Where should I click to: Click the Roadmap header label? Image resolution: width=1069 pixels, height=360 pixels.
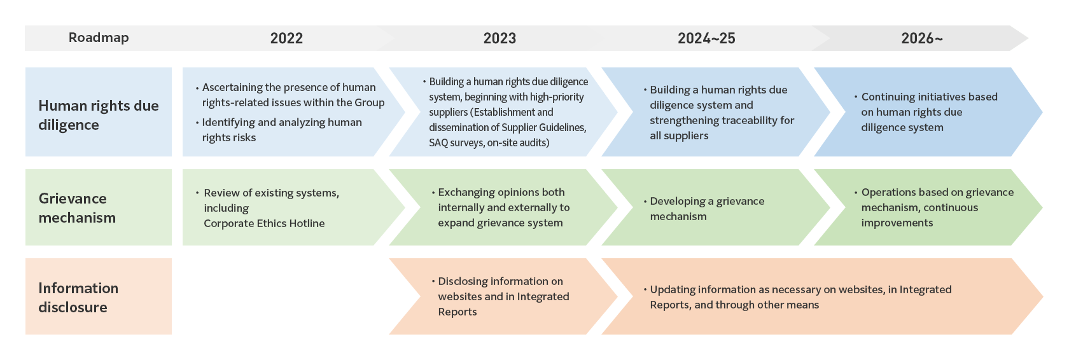pyautogui.click(x=99, y=38)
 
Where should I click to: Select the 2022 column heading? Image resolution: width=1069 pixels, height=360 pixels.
pyautogui.click(x=286, y=38)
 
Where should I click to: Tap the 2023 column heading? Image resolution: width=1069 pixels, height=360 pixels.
pyautogui.click(x=500, y=38)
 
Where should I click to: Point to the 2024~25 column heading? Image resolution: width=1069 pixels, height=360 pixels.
pyautogui.click(x=706, y=38)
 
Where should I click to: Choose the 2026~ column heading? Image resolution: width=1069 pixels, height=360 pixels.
pyautogui.click(x=922, y=38)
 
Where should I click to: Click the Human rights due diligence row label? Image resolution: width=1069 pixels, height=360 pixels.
pyautogui.click(x=99, y=115)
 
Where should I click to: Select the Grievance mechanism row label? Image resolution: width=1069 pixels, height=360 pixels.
pyautogui.click(x=78, y=208)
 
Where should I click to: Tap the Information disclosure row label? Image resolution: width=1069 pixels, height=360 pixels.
pyautogui.click(x=78, y=298)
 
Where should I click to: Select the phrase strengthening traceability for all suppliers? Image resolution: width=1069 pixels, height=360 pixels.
pyautogui.click(x=722, y=128)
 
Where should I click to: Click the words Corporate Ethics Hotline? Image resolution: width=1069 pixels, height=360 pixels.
pyautogui.click(x=264, y=223)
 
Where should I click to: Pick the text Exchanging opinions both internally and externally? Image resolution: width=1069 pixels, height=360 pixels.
pyautogui.click(x=503, y=200)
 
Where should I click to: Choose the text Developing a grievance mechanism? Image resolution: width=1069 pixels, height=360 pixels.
pyautogui.click(x=707, y=209)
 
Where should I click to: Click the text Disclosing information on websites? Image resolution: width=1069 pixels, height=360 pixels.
pyautogui.click(x=500, y=289)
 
